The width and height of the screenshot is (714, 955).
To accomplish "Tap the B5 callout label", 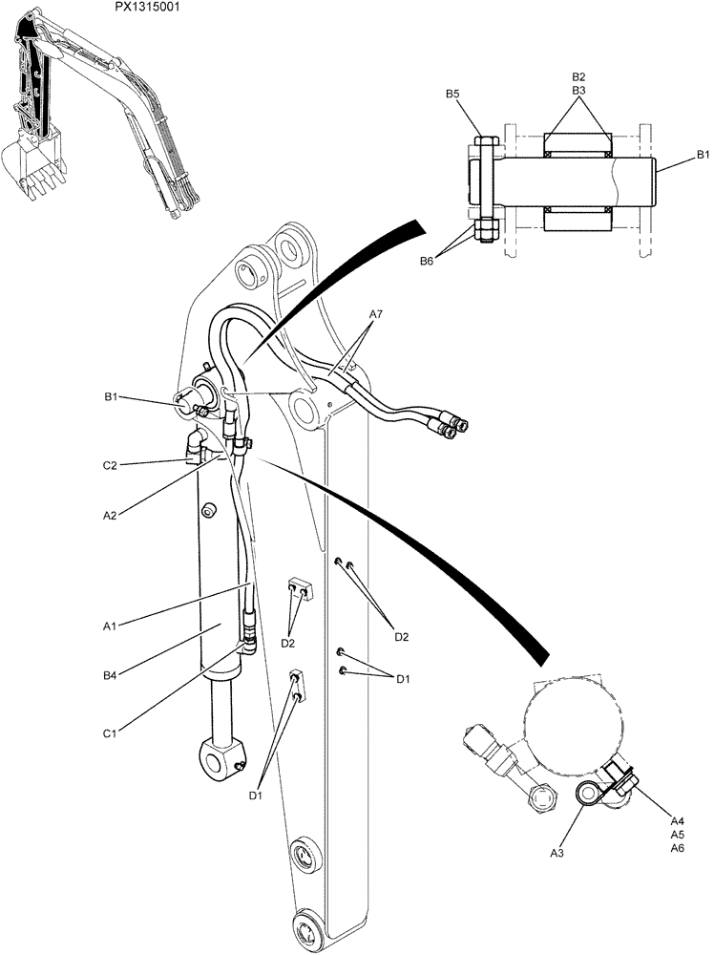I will click(x=452, y=94).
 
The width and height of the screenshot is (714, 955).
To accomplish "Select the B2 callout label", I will click(x=578, y=76).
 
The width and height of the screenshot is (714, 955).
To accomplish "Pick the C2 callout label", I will click(x=111, y=465).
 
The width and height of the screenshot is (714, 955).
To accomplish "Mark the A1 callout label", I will click(x=111, y=626).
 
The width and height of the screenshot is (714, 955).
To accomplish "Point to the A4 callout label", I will click(x=677, y=820).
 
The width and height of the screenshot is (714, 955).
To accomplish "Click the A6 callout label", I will click(x=677, y=847).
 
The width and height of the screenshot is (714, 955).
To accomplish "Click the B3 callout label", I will click(x=578, y=90).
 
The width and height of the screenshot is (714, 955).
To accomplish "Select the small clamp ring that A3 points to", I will click(x=587, y=791).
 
